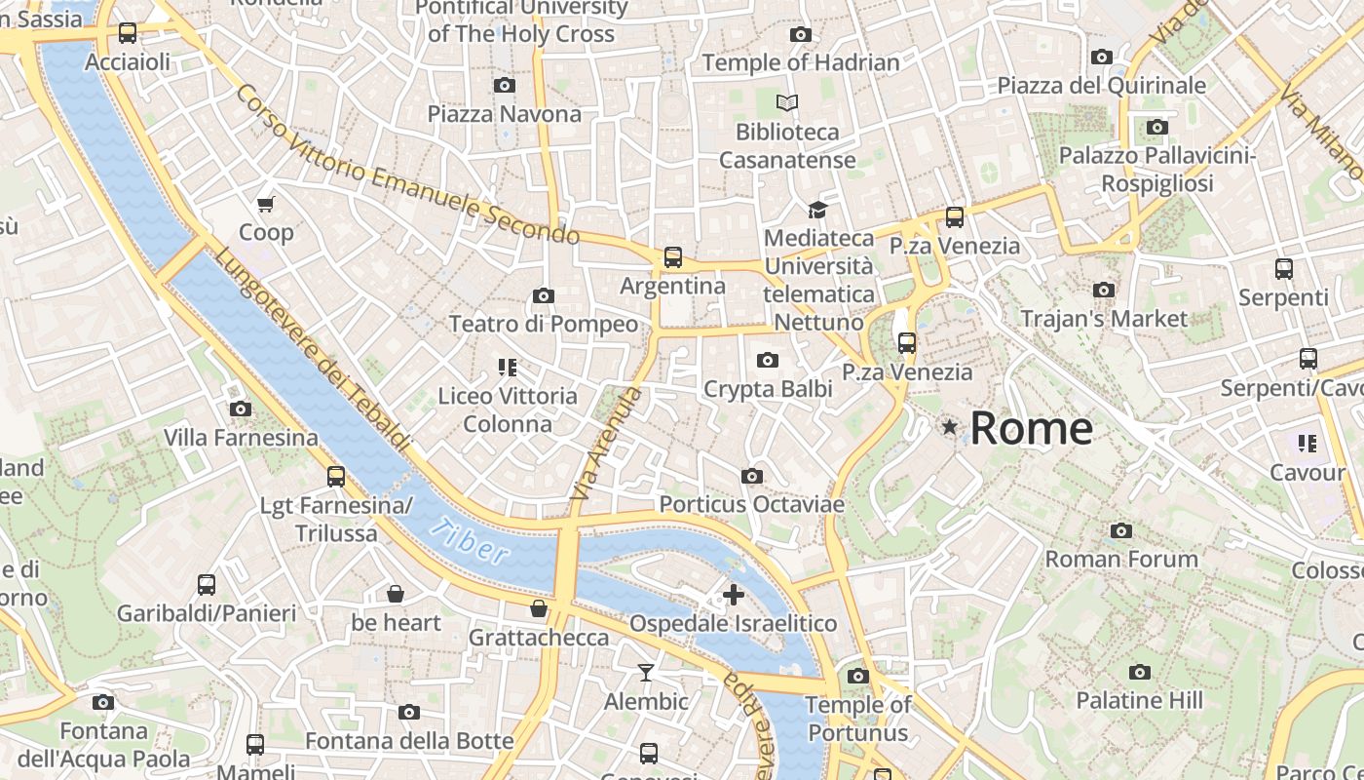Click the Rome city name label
1031,429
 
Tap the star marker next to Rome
949,426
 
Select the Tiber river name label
469,542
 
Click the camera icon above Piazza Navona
504,86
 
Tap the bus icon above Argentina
672,257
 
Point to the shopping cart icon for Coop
266,204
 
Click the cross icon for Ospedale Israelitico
733,595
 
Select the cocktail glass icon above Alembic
645,673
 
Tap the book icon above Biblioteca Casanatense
787,102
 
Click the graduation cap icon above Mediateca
817,210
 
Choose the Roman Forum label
1121,559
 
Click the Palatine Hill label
1139,700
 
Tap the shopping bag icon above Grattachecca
538,609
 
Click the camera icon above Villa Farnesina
240,409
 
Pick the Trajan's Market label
1104,319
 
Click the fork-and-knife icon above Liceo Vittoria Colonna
507,368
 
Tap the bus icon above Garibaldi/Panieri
206,585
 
